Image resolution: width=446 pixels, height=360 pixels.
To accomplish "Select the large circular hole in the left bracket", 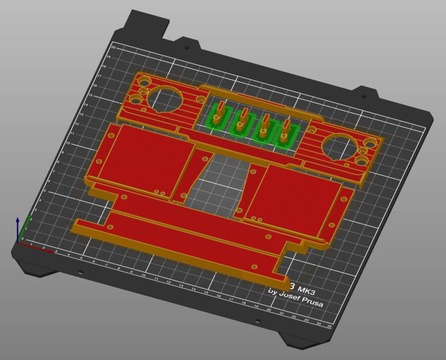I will click(162, 98).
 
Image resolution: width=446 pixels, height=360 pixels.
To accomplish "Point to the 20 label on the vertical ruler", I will click(113, 48).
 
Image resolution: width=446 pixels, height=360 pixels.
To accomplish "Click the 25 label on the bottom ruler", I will click(330, 326).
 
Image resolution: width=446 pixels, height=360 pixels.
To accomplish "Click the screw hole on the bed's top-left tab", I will click(187, 48).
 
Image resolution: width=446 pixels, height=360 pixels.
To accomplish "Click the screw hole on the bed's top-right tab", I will click(363, 96).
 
